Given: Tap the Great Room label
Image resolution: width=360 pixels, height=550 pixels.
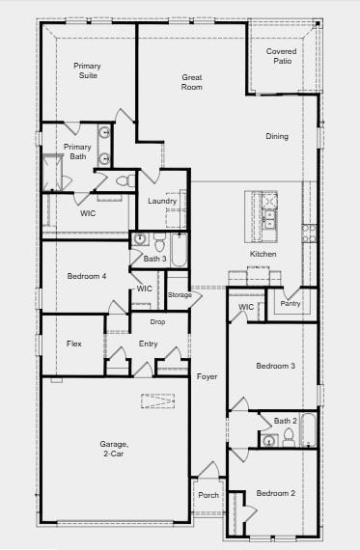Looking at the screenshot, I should (192, 82).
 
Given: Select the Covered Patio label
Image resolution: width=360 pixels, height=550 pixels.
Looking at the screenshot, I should (282, 55).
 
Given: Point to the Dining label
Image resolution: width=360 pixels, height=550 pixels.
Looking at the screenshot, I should (277, 136).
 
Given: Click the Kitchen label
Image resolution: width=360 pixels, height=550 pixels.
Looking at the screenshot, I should (263, 254).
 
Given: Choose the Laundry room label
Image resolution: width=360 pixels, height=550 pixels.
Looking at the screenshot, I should (162, 201).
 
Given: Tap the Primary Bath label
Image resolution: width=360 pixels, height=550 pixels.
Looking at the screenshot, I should (77, 151).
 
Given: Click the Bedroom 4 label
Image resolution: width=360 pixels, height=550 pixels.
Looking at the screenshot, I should (87, 277).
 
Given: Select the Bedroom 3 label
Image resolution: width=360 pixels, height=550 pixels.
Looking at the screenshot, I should (275, 366).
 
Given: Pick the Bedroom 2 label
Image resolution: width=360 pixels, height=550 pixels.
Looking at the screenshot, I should (276, 493).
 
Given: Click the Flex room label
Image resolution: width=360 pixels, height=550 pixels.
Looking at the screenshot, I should (74, 344).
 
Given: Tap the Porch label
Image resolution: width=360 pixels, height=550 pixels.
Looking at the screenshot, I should (208, 495).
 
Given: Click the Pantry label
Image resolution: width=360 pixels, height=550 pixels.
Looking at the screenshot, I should (291, 304).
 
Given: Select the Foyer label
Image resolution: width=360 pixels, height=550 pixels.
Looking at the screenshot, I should (208, 376).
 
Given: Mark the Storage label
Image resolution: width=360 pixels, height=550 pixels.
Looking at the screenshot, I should (180, 294).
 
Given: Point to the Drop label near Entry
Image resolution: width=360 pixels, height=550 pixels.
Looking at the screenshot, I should (157, 321).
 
